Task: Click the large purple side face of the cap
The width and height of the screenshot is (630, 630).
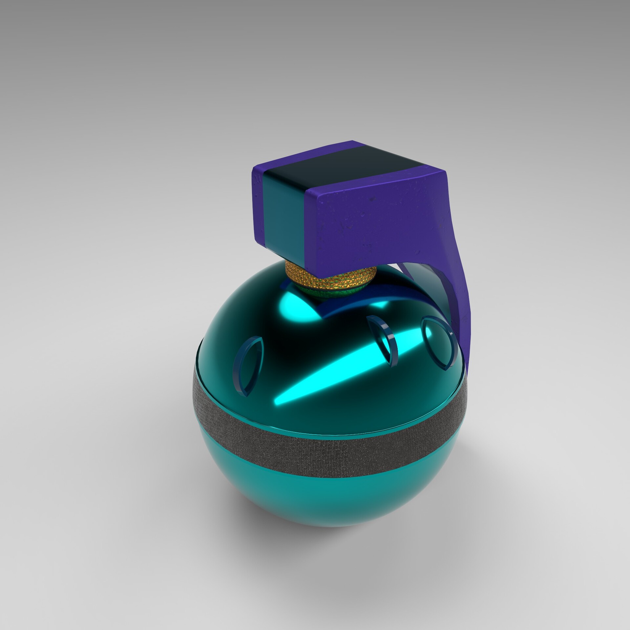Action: [x=377, y=223]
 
